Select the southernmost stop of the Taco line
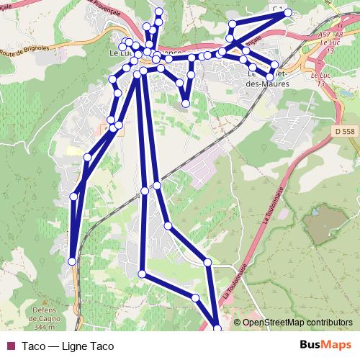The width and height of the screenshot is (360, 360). pyautogui.click(x=218, y=330)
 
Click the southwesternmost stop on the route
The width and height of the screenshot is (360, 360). pyautogui.click(x=72, y=261)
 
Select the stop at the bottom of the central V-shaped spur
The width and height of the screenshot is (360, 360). pyautogui.click(x=186, y=104)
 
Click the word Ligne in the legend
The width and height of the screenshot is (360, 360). pyautogui.click(x=76, y=346)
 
